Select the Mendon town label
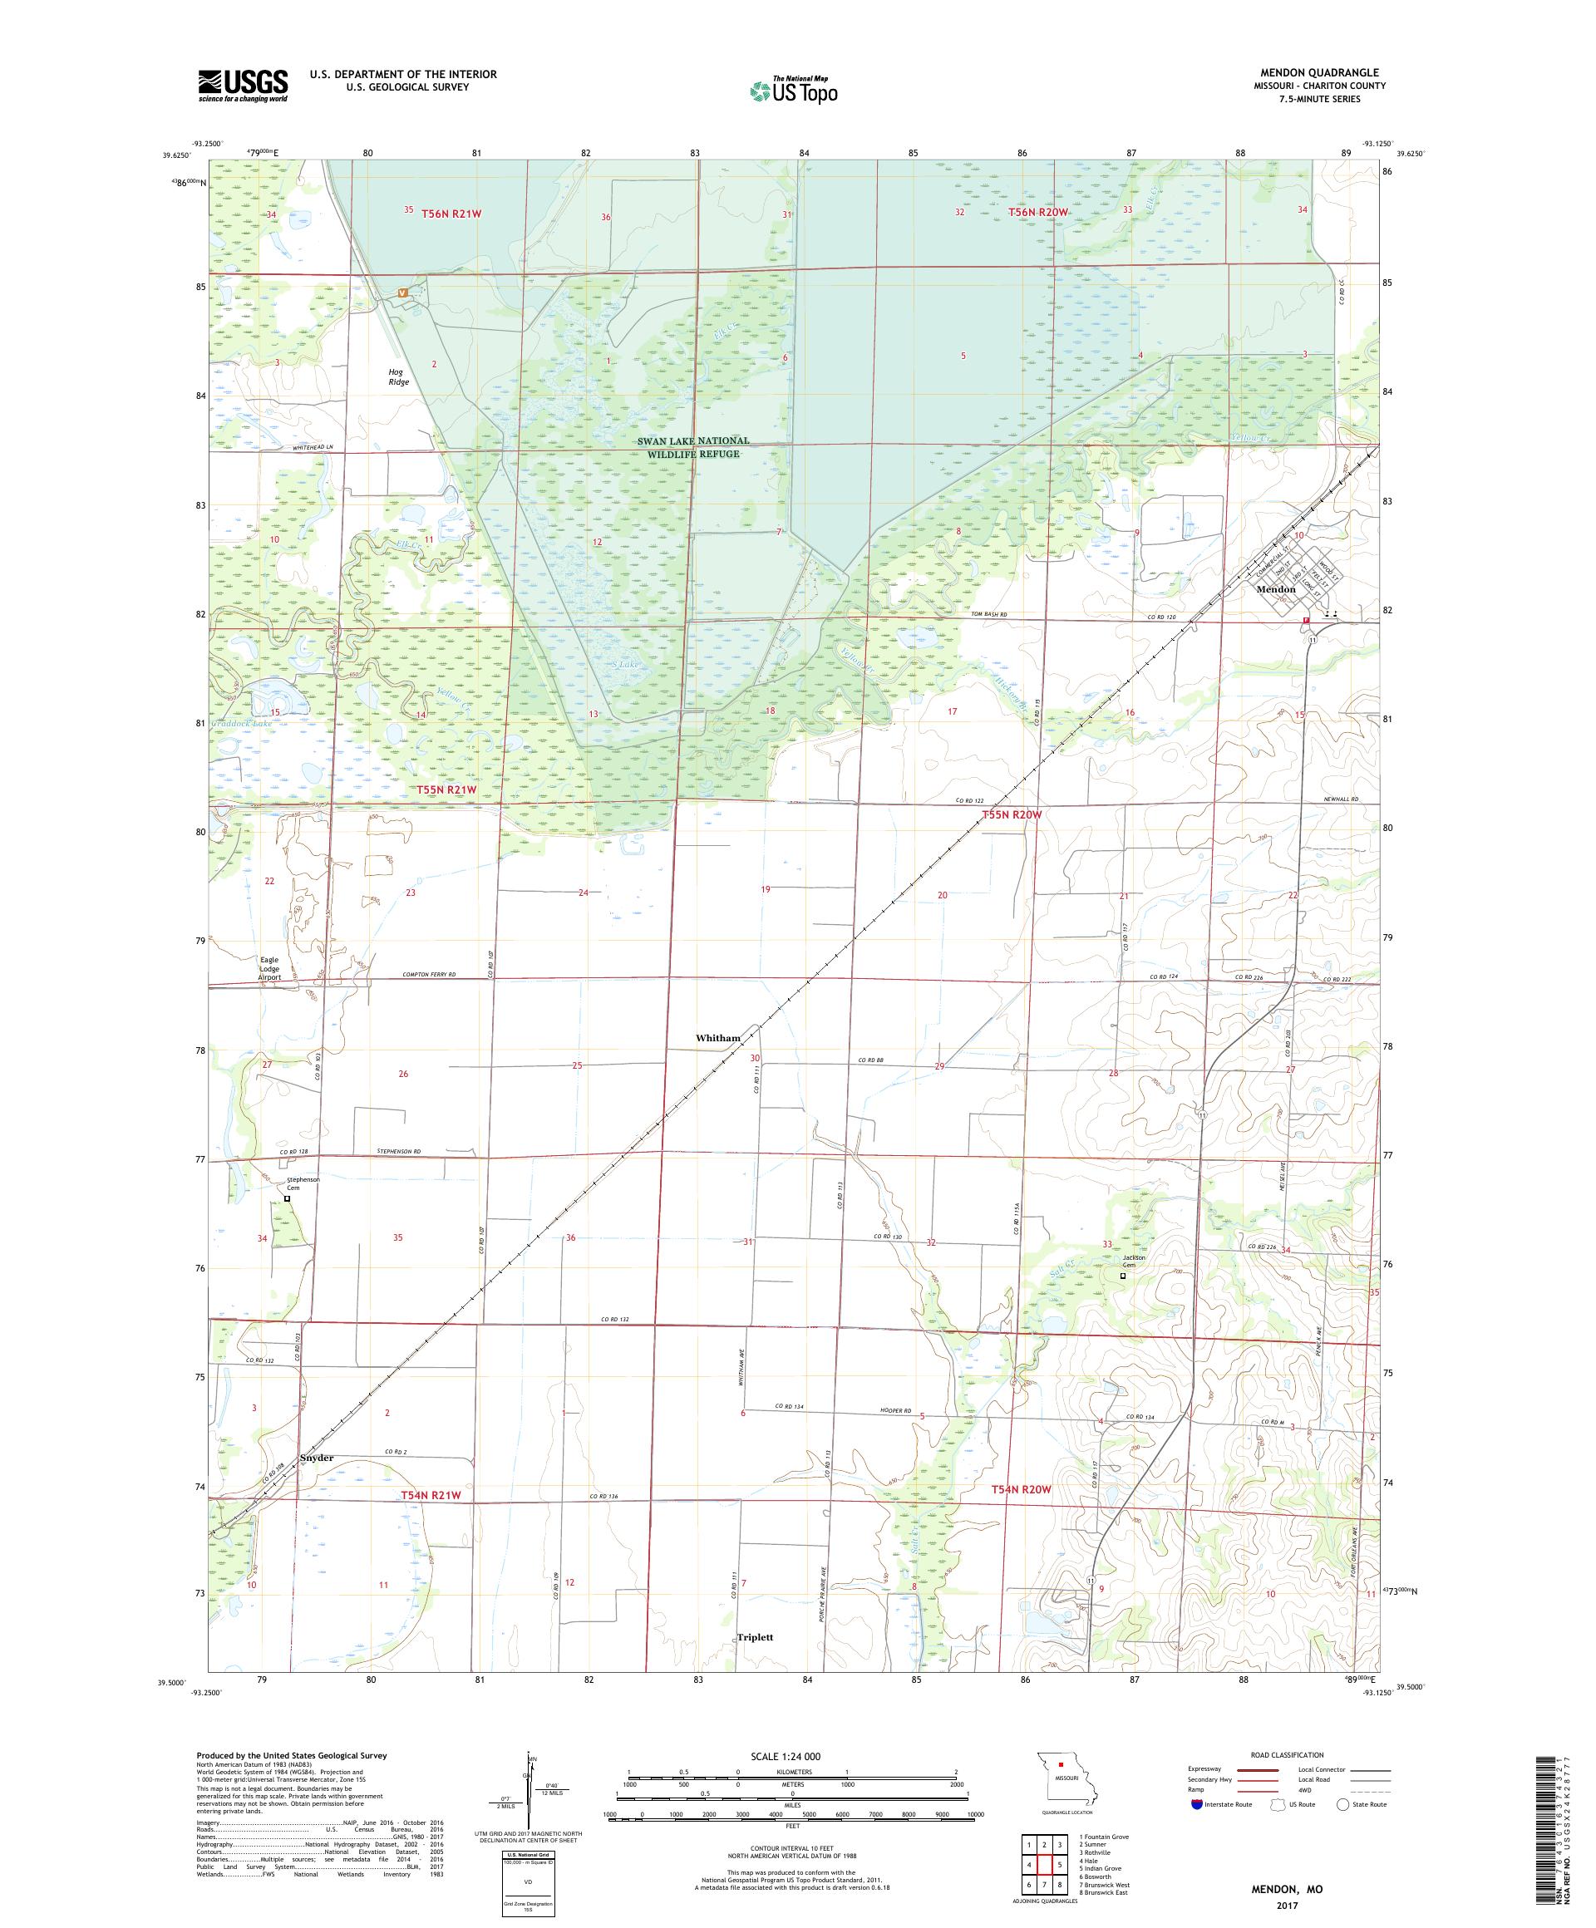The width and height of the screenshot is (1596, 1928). [1275, 589]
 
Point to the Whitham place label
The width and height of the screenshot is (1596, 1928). [717, 1038]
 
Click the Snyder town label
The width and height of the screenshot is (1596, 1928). [317, 1457]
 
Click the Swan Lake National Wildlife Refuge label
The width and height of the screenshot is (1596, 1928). [693, 447]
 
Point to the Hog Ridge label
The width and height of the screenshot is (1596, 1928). [397, 376]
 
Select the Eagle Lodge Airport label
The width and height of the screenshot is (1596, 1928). [269, 967]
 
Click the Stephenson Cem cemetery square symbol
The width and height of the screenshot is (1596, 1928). [287, 1198]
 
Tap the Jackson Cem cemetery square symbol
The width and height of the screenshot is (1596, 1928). [1122, 1276]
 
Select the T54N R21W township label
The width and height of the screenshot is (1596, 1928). [430, 1496]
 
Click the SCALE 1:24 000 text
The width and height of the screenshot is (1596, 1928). [791, 1755]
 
